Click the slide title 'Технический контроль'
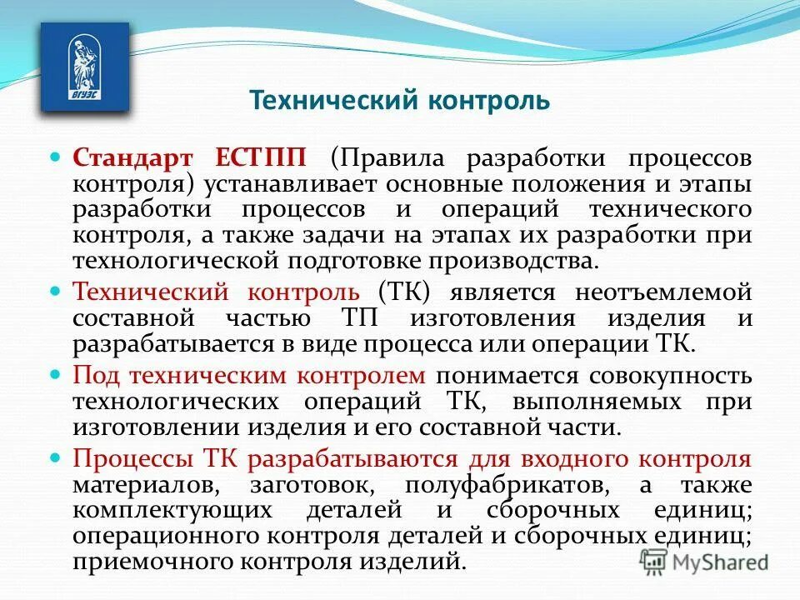400,101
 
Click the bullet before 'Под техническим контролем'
57,374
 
